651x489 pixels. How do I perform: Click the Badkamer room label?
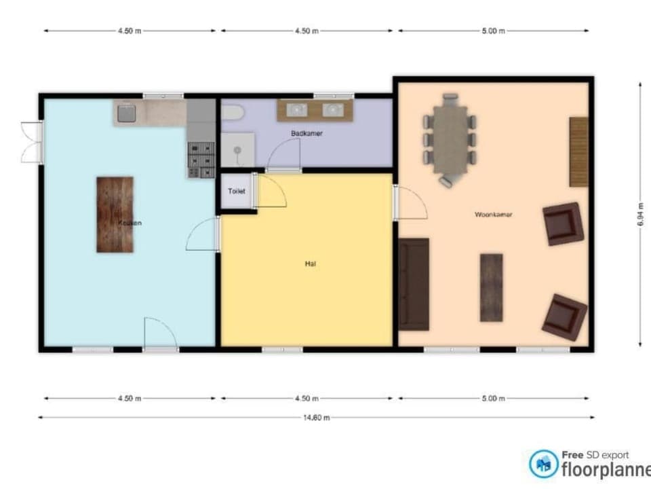click(x=307, y=134)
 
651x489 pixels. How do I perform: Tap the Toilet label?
click(x=236, y=192)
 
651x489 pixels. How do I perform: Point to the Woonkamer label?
click(x=493, y=215)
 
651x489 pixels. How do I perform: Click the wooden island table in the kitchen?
click(x=115, y=215)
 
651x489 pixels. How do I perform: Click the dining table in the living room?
click(x=450, y=139)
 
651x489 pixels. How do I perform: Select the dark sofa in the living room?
click(x=414, y=284)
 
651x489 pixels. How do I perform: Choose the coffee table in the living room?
click(x=491, y=287)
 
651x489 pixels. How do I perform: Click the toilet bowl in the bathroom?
click(x=231, y=111)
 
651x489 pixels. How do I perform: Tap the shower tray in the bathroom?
click(x=237, y=149)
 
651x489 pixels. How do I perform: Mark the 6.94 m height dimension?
click(x=640, y=215)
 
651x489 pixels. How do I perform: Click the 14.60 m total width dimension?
click(x=316, y=418)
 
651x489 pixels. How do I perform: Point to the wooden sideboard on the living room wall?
click(x=578, y=151)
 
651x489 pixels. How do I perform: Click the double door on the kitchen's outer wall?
click(x=31, y=142)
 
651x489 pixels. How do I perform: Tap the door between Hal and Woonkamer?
click(x=410, y=202)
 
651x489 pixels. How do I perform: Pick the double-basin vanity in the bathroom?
click(x=315, y=110)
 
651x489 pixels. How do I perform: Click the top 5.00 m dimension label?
click(x=493, y=31)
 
